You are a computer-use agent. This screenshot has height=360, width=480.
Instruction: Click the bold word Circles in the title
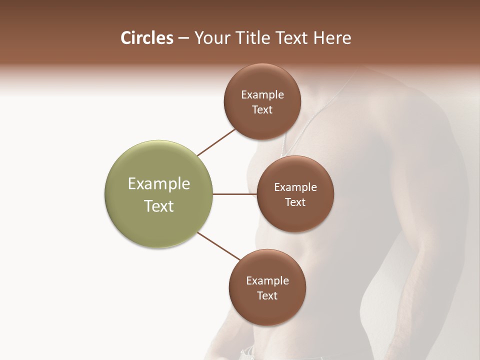tap(146, 38)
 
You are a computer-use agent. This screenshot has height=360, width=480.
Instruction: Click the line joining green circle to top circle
tap(216, 142)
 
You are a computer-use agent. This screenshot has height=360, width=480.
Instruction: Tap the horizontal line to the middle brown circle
tap(234, 194)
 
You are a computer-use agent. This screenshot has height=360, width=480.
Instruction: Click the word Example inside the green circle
tap(159, 184)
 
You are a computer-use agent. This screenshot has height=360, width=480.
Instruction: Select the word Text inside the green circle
tap(159, 206)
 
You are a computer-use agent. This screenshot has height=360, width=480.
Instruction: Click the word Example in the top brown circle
tap(262, 95)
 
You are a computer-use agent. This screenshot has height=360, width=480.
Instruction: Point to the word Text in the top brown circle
tap(262, 110)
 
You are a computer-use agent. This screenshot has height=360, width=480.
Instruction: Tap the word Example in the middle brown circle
tap(295, 187)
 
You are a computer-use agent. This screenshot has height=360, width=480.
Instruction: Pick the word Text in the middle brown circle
tap(295, 202)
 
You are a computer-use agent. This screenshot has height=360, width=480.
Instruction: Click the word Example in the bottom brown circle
tap(267, 281)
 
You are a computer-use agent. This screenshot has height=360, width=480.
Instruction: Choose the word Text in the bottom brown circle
tap(267, 296)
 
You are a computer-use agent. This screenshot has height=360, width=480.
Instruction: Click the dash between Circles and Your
tap(183, 38)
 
